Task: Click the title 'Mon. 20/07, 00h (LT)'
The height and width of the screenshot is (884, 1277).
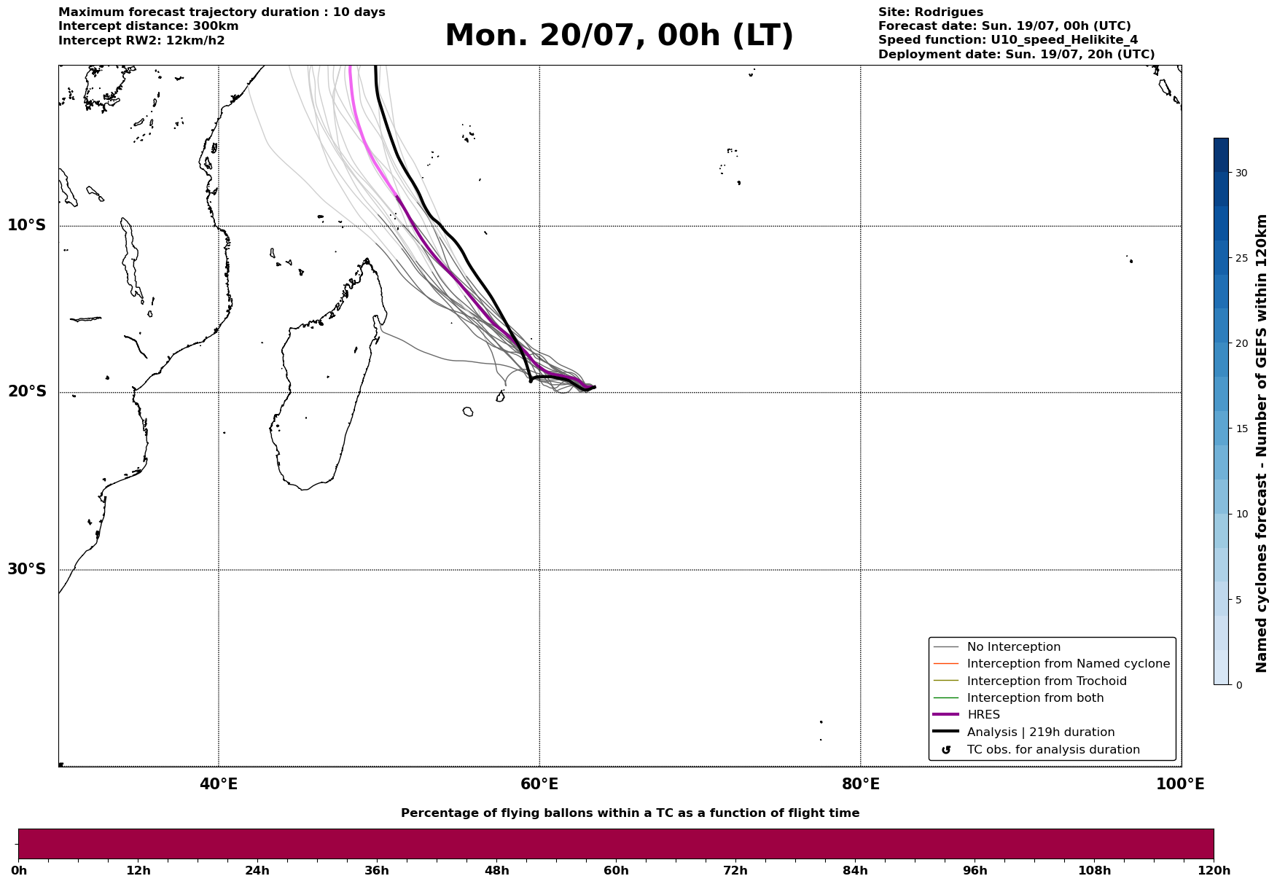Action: click(619, 36)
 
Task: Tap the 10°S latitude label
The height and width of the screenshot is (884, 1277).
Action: click(27, 225)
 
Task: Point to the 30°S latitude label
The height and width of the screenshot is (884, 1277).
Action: click(27, 569)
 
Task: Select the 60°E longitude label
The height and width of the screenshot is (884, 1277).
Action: click(539, 784)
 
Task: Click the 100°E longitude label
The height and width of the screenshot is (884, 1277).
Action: click(1180, 784)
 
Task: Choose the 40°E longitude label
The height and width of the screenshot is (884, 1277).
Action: click(219, 784)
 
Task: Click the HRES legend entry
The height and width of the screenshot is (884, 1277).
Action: click(983, 715)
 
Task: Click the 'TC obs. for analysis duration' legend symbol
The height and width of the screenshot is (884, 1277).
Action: click(946, 750)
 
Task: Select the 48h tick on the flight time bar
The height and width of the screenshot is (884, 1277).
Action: click(496, 871)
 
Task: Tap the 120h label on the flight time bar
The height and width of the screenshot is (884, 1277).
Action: click(1214, 871)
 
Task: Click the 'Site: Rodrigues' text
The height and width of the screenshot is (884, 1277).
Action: click(931, 12)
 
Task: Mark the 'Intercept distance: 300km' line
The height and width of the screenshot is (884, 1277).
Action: click(149, 26)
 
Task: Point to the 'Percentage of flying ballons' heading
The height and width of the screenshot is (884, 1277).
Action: click(630, 813)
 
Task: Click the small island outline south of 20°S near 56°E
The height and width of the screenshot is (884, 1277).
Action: click(468, 412)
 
